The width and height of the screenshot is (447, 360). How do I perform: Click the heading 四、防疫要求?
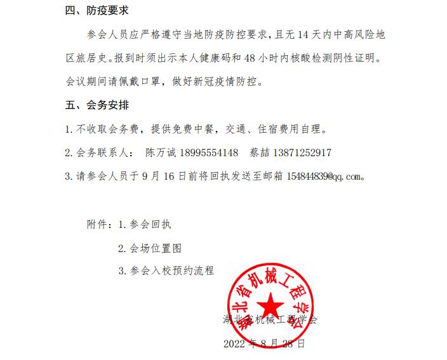click(x=101, y=11)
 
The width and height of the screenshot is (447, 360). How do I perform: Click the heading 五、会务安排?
click(x=101, y=104)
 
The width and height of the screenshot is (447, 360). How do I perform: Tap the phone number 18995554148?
click(x=208, y=153)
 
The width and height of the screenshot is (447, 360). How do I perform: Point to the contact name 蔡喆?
click(x=258, y=153)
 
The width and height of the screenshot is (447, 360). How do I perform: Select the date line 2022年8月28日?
click(x=264, y=344)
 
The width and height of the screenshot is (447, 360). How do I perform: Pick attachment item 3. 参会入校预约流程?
click(x=166, y=270)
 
